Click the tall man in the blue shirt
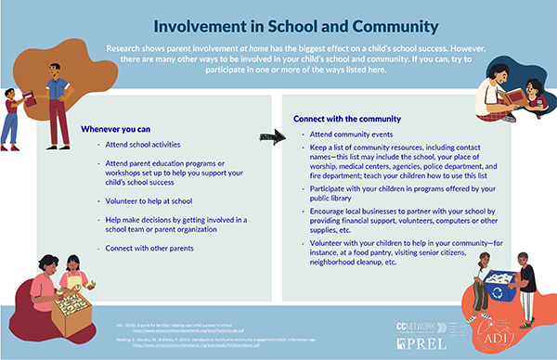(57, 100)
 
